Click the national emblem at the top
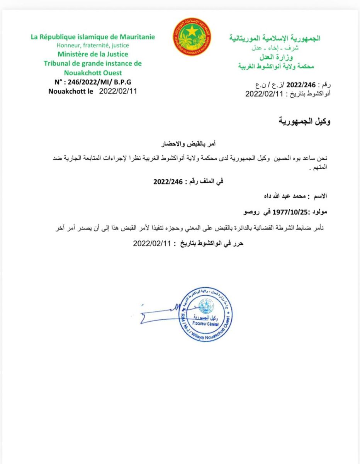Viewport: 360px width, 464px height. point(192,36)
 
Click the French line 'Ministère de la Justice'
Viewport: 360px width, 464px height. point(93,55)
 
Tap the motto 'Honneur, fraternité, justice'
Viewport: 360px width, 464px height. point(93,46)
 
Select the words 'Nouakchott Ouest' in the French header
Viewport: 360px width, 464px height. point(93,73)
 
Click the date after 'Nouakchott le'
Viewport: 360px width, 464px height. point(118,92)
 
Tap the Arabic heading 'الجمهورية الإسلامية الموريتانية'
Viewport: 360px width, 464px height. point(275,38)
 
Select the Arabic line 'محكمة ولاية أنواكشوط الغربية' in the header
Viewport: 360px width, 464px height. point(276,66)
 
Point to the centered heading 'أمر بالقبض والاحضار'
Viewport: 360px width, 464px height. point(187,144)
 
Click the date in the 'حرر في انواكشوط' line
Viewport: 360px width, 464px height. point(152,243)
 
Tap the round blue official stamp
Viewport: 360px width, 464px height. point(205,315)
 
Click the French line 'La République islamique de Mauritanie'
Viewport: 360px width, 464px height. point(93,37)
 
